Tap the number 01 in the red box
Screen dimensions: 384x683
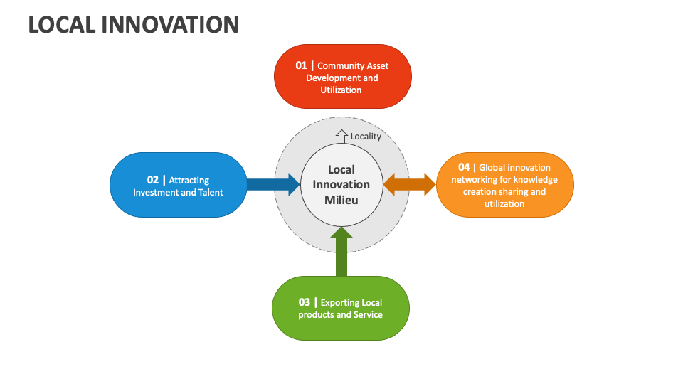302,65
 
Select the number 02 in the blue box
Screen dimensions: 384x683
153,180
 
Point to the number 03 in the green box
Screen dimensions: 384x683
305,302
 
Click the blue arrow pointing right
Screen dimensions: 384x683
273,185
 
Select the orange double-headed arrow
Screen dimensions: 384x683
410,185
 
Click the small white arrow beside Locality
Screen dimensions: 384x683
341,137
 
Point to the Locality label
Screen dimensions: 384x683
366,137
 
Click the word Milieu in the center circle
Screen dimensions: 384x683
341,200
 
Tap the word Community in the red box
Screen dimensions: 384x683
342,66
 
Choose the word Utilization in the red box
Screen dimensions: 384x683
341,90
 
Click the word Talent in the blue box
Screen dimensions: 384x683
210,193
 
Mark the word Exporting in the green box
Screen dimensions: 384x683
340,303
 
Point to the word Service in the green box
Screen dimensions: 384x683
368,315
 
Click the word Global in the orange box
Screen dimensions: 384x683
492,168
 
